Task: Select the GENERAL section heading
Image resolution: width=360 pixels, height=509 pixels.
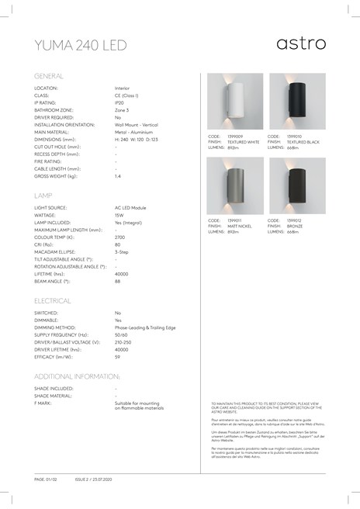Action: tap(49, 76)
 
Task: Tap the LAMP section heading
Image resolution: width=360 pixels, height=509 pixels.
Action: tap(43, 197)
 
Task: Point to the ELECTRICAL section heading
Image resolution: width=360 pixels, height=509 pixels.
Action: tap(53, 300)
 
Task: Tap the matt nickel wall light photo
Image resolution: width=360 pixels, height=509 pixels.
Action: tap(235, 185)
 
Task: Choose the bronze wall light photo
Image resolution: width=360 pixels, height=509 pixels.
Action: tap(297, 185)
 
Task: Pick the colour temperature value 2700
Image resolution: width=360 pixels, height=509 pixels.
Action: tap(121, 238)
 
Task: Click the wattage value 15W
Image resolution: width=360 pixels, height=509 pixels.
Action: tap(119, 216)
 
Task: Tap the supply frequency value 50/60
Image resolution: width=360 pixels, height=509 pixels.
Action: tap(122, 334)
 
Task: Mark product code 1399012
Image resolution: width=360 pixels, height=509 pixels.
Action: tap(296, 220)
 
